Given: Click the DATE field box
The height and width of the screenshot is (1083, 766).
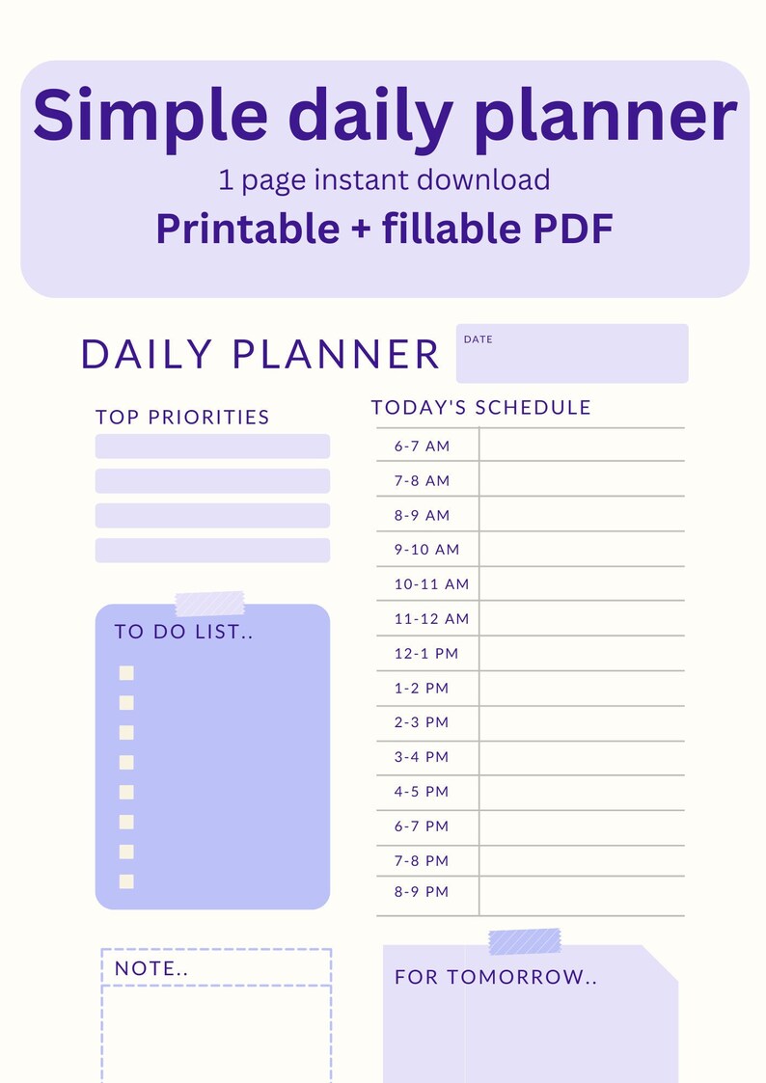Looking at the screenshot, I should point(572,354).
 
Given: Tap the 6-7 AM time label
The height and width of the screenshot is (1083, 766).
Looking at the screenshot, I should point(422,446).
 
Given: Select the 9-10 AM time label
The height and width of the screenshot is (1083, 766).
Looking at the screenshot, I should point(426,550).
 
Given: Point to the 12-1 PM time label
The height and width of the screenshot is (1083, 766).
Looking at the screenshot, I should point(426,653).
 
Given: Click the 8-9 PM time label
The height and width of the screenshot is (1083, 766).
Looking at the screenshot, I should point(422,892).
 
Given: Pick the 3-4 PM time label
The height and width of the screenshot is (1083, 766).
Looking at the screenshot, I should point(422,757).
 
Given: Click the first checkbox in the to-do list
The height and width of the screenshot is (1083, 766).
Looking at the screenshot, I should point(126,673).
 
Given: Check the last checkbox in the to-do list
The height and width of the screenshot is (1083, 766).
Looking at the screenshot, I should point(126,880).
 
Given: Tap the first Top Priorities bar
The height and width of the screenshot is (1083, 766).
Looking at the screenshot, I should point(212,447).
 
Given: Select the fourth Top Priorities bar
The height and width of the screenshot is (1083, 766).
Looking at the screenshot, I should point(212,551).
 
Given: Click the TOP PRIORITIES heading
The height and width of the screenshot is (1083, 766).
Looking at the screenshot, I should point(182,417).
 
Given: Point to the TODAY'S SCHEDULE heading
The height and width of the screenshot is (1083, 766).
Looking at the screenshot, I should point(480,407).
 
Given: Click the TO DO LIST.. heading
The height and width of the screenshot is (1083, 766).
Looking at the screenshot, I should point(183,632).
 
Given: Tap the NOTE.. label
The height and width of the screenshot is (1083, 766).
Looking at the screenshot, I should point(151,968).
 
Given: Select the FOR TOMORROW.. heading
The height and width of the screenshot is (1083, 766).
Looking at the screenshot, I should point(496,977).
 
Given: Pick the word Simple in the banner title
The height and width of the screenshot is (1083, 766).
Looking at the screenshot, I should point(150,114).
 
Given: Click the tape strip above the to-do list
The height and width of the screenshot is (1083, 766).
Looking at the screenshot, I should point(209,604).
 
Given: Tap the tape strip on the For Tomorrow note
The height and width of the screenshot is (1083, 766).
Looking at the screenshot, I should point(525,941).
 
